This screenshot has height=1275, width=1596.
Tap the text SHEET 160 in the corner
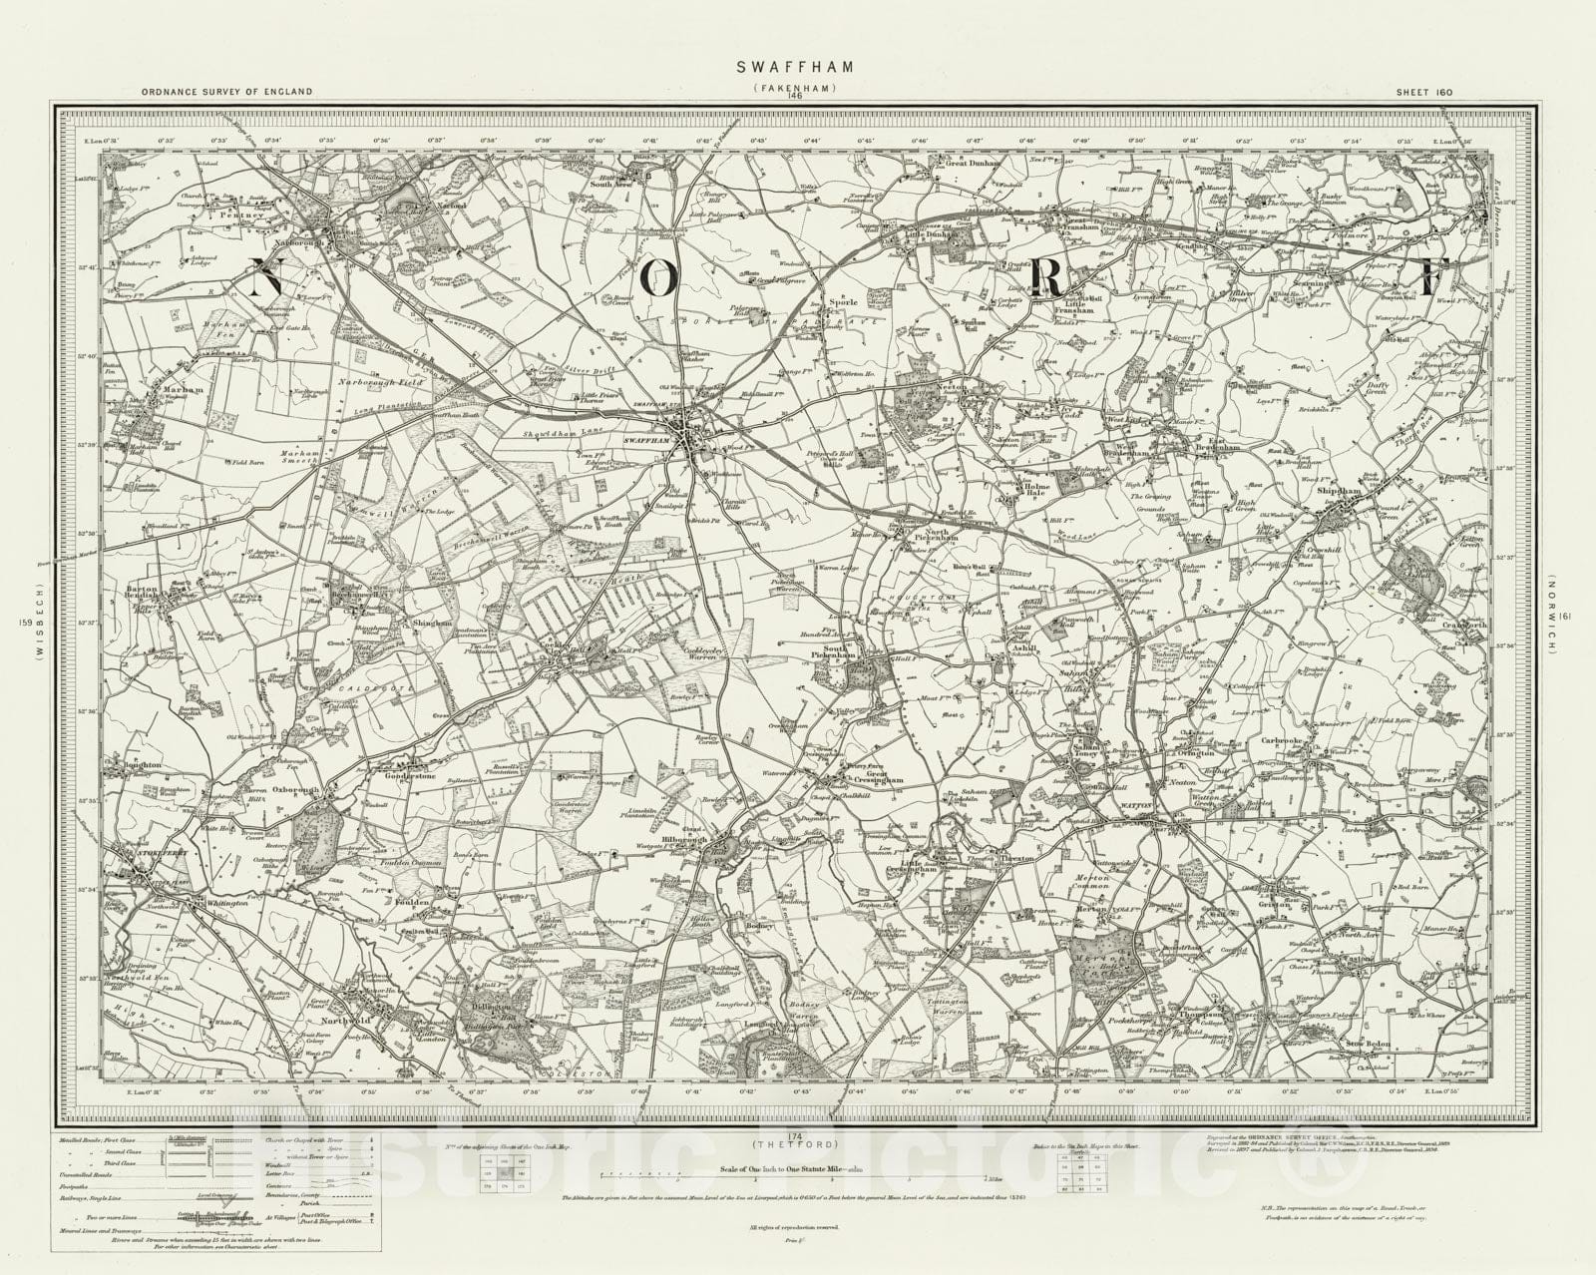point(1419,91)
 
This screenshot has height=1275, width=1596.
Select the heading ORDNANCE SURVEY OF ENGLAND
point(227,91)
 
